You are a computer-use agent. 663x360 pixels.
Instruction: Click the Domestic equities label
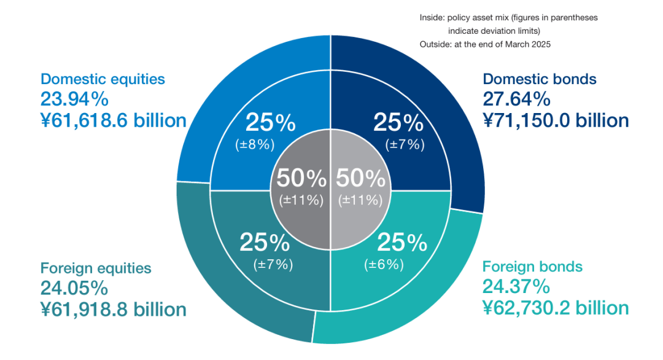point(103,79)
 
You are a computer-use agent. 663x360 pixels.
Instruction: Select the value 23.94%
point(74,100)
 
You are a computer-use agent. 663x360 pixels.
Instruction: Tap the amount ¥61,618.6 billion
point(114,120)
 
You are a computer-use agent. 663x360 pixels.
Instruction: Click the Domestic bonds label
point(540,79)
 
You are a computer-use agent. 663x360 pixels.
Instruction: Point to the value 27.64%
point(517,100)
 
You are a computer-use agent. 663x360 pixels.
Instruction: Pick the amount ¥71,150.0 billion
point(556,120)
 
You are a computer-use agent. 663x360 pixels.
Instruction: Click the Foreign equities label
point(96,268)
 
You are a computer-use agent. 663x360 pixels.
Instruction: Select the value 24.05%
point(74,289)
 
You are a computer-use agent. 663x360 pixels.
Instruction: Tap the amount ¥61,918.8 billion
point(114,310)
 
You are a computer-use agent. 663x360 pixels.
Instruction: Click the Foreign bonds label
point(532,267)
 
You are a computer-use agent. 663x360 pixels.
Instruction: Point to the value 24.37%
point(516,287)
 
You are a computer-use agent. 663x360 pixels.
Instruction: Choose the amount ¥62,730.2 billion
point(556,308)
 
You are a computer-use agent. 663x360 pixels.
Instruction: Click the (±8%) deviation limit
point(255,145)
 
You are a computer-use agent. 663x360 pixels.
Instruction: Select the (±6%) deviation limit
point(384,265)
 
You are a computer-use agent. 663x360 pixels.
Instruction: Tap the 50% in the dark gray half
point(301,178)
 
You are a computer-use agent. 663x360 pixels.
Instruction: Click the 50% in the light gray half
point(361,178)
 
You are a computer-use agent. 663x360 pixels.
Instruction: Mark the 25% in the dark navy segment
point(398,123)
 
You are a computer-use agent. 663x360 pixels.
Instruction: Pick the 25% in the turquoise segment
point(402,243)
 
